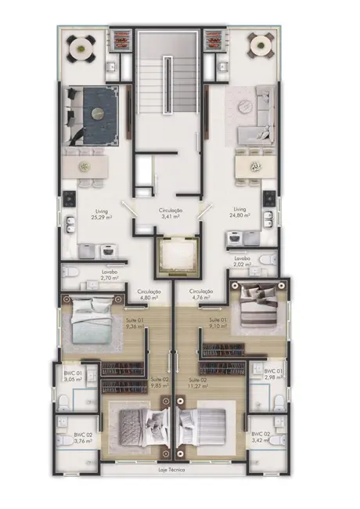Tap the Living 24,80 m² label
pyautogui.click(x=239, y=213)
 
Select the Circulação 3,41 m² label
pyautogui.click(x=171, y=214)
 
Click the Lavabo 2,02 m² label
pyautogui.click(x=241, y=262)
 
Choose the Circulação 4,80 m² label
pyautogui.click(x=149, y=294)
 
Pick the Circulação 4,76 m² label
pyautogui.click(x=202, y=294)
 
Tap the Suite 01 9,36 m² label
pyautogui.click(x=131, y=324)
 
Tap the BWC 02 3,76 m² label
pyautogui.click(x=83, y=438)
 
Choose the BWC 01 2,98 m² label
pyautogui.click(x=274, y=374)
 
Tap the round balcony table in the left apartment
pyautogui.click(x=81, y=49)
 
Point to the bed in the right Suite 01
pyautogui.click(x=257, y=307)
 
